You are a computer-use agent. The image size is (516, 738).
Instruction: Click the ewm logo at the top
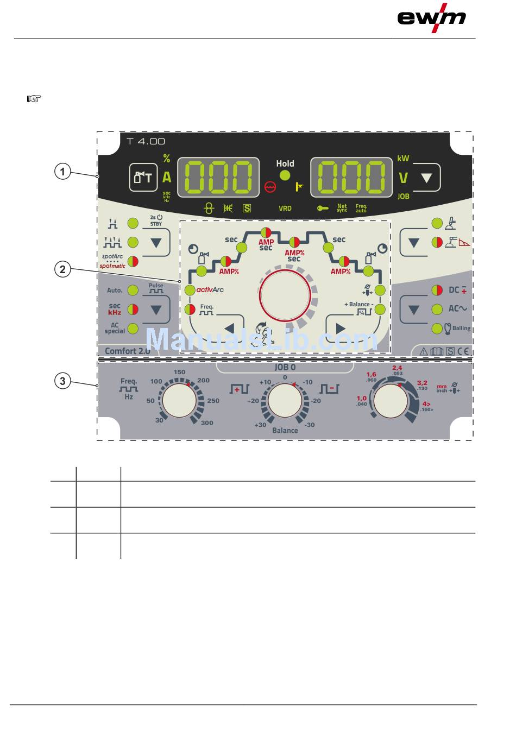[x=432, y=17]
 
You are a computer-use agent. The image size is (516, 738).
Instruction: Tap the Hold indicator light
[x=285, y=175]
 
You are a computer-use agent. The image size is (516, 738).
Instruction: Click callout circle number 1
[x=62, y=172]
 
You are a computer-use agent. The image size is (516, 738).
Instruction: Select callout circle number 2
[x=62, y=269]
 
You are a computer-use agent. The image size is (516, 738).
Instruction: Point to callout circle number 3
[x=62, y=381]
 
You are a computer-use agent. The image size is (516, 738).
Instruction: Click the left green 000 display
[x=218, y=178]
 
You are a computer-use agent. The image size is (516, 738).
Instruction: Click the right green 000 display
[x=351, y=178]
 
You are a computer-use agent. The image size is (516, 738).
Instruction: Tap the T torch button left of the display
[x=143, y=177]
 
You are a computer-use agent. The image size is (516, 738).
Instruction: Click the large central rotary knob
[x=285, y=296]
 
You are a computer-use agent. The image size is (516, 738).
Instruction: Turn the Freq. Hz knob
[x=180, y=402]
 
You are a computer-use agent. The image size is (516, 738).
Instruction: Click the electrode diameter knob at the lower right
[x=391, y=401]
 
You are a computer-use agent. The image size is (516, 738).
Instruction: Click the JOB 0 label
[x=285, y=367]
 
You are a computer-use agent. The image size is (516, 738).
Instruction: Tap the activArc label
[x=210, y=289]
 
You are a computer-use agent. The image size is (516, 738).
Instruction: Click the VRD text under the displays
[x=285, y=208]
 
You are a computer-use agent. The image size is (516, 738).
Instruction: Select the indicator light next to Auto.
[x=133, y=291]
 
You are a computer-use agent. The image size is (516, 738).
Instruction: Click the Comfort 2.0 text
[x=127, y=351]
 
